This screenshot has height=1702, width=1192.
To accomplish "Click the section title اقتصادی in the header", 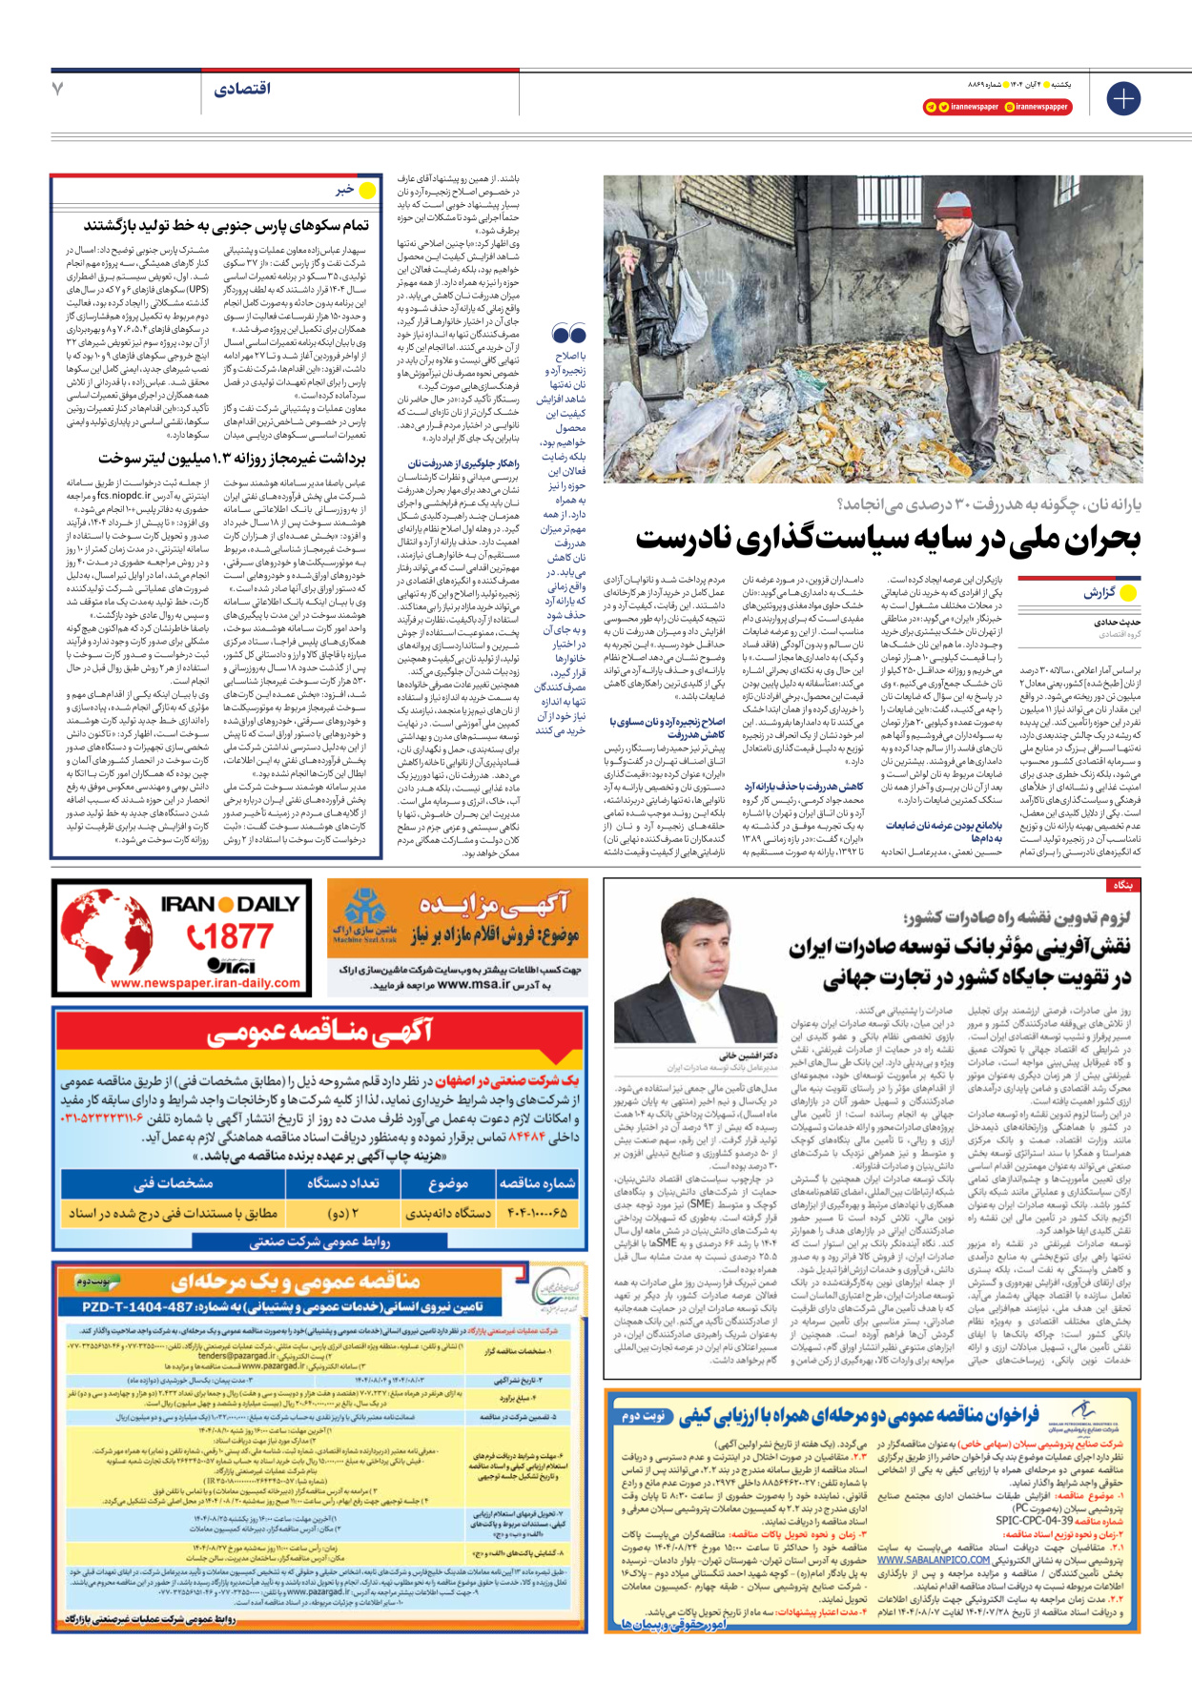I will coord(242,89).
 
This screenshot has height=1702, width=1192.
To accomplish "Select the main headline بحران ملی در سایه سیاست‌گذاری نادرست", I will coord(887,540).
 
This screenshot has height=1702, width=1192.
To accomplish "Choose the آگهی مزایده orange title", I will coord(493,902).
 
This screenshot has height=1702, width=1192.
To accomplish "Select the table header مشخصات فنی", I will coord(174,1183).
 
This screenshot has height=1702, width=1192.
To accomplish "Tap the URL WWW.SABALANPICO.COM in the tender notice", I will coord(934,1560).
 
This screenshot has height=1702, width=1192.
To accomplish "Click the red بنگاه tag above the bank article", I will coord(1122,886).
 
